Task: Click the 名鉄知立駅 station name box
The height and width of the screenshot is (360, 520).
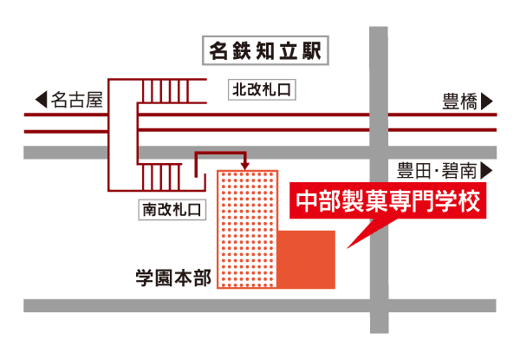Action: (x=265, y=51)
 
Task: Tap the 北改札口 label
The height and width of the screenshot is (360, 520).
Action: (x=263, y=88)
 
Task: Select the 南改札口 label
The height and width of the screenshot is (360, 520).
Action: (x=171, y=209)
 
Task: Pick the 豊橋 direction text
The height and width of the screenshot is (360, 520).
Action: (x=460, y=101)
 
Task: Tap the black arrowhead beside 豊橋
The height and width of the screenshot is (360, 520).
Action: (x=487, y=101)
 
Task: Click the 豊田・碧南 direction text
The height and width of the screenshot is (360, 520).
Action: (x=434, y=169)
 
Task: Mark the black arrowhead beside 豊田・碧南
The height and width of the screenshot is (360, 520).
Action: (x=487, y=169)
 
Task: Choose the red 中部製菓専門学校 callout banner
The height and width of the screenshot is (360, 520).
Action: (x=386, y=202)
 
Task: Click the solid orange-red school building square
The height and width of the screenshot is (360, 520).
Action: (x=307, y=259)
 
